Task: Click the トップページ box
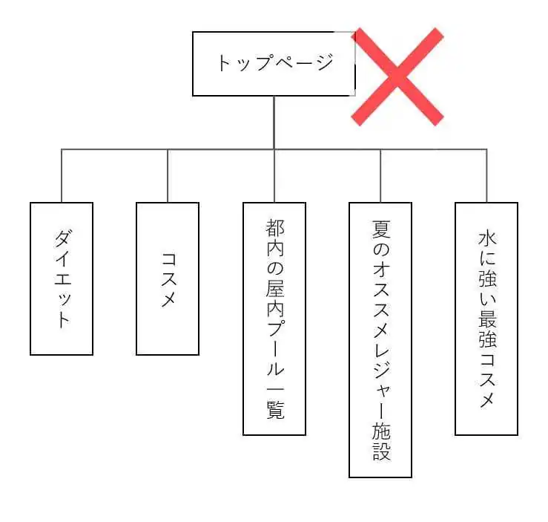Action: [x=274, y=64]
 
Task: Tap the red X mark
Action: [x=397, y=76]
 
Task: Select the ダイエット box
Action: [x=62, y=278]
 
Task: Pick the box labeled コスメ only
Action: [x=168, y=278]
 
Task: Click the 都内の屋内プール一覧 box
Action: [x=274, y=319]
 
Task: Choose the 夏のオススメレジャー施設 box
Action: [x=380, y=340]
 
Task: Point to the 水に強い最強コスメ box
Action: [x=486, y=319]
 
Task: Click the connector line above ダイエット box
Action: [x=62, y=176]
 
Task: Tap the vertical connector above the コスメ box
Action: [x=168, y=176]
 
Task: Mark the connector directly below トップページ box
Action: [x=274, y=123]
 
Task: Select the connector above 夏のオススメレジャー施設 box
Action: [x=380, y=176]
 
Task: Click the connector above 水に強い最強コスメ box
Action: [x=486, y=176]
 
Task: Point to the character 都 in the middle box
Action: [x=274, y=228]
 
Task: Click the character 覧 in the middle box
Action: [x=275, y=410]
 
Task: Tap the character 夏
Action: [x=380, y=229]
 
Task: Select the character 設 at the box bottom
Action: [x=381, y=451]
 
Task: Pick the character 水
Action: [x=487, y=238]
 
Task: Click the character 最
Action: [x=487, y=318]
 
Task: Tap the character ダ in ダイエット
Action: [x=63, y=238]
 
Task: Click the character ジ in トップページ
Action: [x=325, y=62]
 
